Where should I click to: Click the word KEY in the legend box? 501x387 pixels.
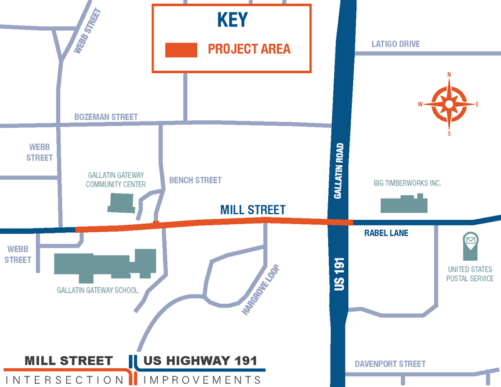coord(232,20)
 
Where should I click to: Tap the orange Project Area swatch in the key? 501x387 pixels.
coord(181,49)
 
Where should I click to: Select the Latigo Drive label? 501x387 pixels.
coord(395,44)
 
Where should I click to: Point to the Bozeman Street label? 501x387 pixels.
coord(106,116)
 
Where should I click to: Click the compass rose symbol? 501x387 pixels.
coord(449,104)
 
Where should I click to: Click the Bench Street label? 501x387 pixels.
coord(195,180)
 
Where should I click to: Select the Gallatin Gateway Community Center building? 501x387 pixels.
coord(121,202)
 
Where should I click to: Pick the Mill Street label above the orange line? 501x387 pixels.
coord(253,210)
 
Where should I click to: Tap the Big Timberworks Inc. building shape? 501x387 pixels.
coord(404,204)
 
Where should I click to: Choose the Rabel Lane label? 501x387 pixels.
coord(386,233)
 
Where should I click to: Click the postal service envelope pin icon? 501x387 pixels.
coord(470,245)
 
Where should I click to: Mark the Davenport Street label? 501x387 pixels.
coord(390,364)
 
